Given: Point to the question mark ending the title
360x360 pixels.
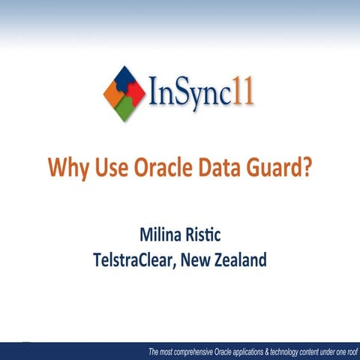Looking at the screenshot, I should [305, 166].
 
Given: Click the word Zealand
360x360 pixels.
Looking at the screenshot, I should [240, 261].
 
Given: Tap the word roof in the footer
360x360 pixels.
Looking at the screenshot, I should [349, 352].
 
